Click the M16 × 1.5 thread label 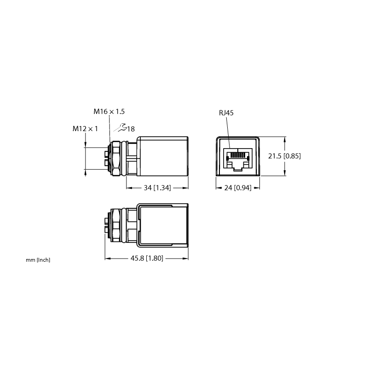[109, 111]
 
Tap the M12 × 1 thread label [85, 129]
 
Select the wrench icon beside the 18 [121, 127]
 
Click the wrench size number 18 [131, 129]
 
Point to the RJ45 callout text [226, 113]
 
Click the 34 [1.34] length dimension [157, 188]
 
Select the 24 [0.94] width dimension [238, 188]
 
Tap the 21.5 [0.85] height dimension [284, 156]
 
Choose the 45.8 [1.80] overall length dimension [147, 259]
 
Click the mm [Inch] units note [38, 260]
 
